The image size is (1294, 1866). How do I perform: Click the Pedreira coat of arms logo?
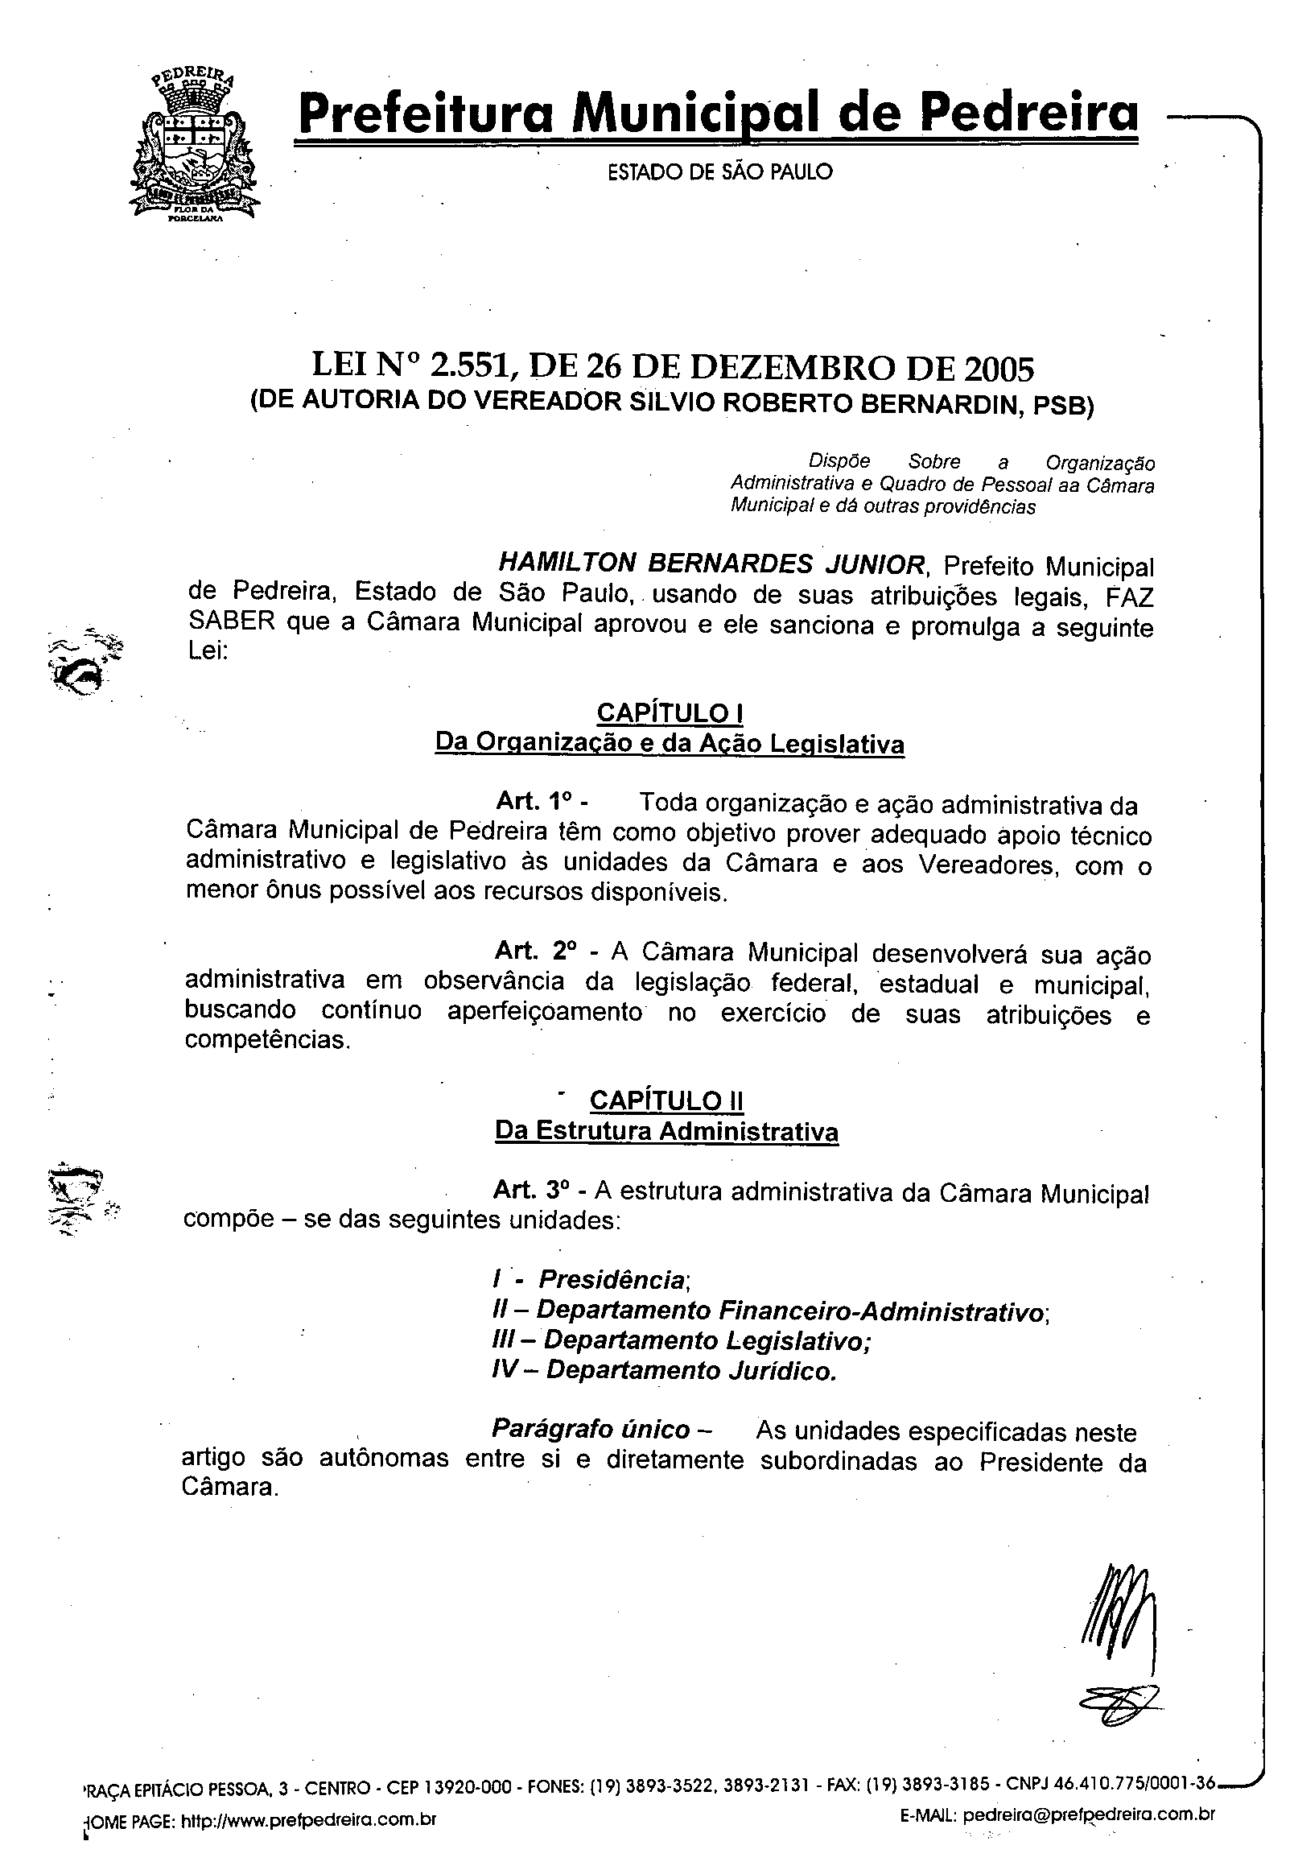point(194,146)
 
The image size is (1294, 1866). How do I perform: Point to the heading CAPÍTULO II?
point(666,1100)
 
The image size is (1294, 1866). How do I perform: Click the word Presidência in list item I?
point(613,1279)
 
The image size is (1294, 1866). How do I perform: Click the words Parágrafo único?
point(591,1429)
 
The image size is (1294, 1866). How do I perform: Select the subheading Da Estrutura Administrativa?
point(666,1131)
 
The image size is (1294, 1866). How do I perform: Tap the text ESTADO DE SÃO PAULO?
point(720,172)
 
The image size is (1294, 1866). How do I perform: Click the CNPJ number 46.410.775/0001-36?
point(1135,1783)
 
